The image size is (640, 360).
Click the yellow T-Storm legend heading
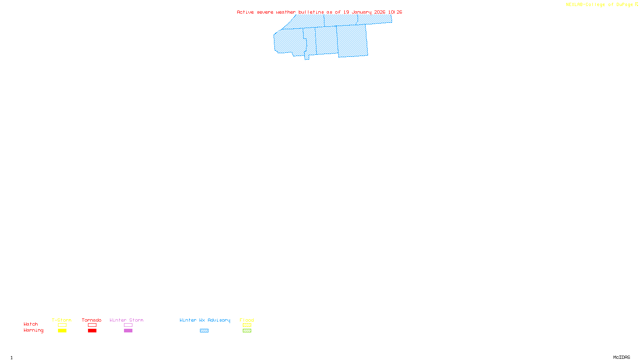62,320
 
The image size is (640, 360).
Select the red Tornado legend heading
92,320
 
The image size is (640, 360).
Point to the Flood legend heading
247,320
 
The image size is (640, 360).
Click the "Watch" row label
31,324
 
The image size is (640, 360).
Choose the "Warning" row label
34,330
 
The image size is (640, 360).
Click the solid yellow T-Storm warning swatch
62,331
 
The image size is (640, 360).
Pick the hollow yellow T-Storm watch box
62,325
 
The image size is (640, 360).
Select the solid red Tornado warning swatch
92,331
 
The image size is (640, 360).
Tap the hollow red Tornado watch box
92,325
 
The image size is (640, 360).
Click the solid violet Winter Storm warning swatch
128,331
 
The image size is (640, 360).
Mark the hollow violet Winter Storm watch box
128,325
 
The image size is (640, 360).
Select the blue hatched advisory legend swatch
204,331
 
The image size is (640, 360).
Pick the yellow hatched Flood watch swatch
247,325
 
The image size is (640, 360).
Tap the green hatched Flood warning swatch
247,331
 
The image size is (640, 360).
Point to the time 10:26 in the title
395,12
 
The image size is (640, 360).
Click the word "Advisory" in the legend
219,320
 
